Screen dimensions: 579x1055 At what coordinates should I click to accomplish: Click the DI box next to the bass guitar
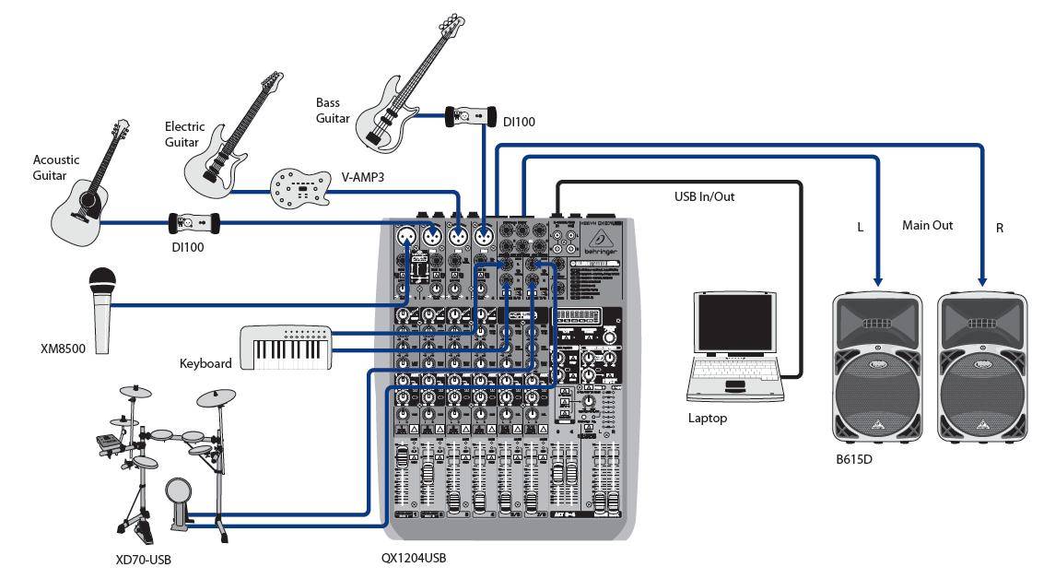[470, 116]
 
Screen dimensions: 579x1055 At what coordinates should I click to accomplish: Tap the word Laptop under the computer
[708, 419]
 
